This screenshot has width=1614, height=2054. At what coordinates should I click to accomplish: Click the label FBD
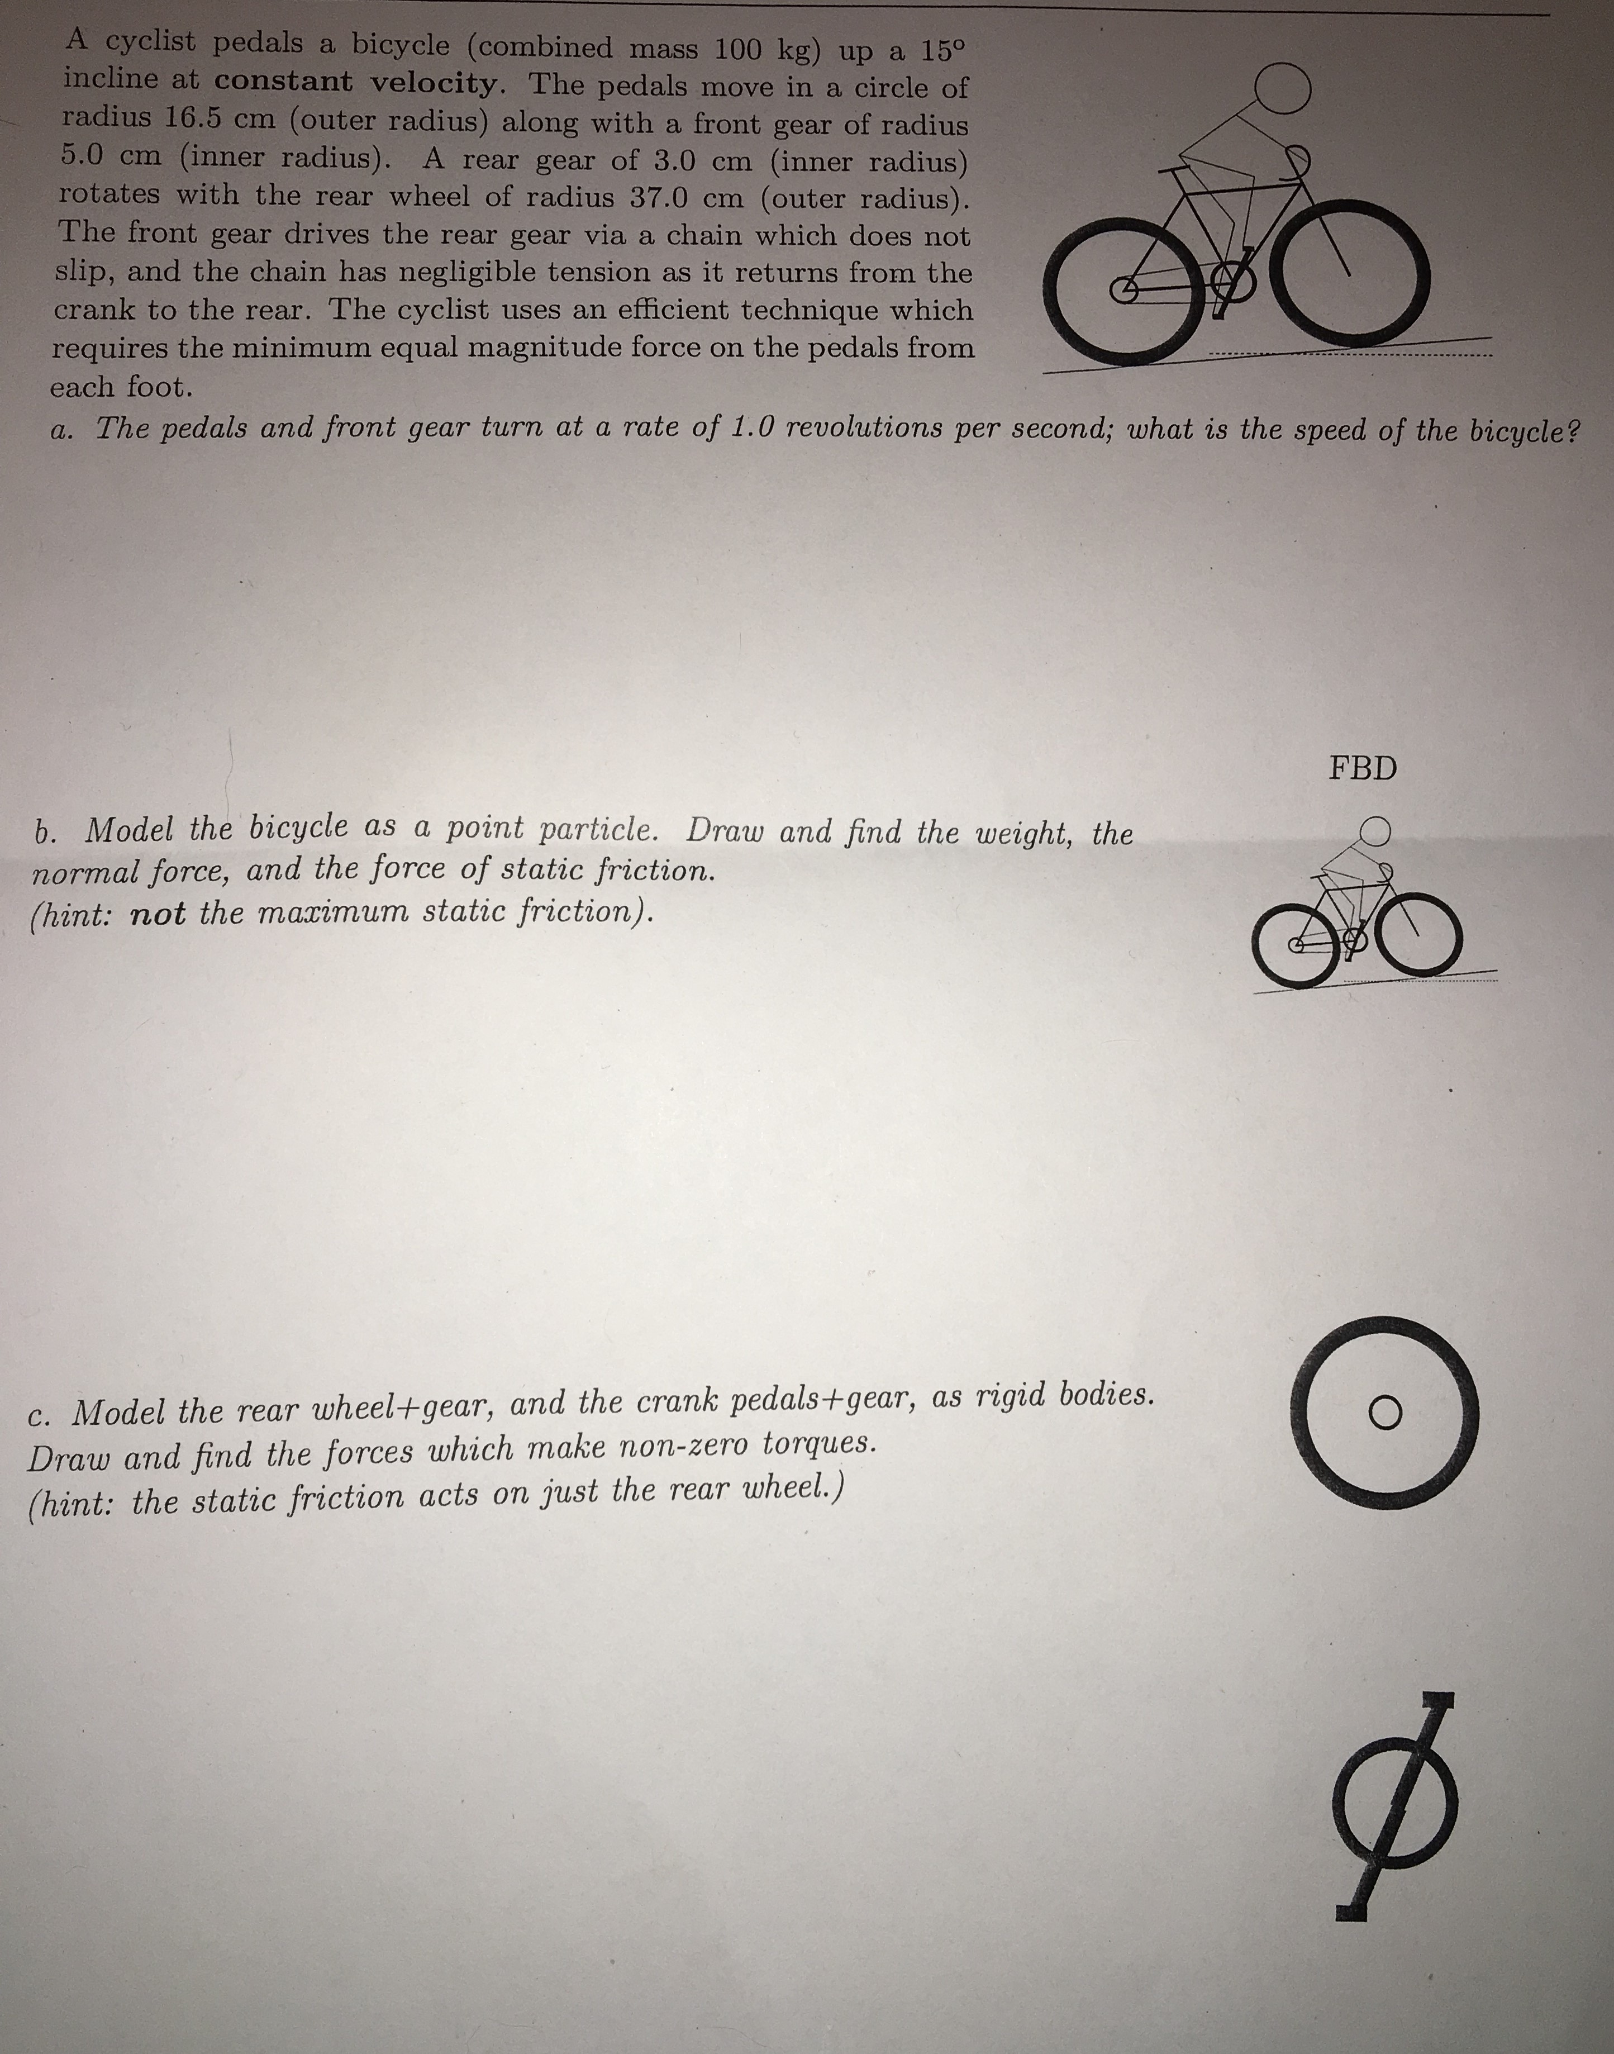point(1363,768)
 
